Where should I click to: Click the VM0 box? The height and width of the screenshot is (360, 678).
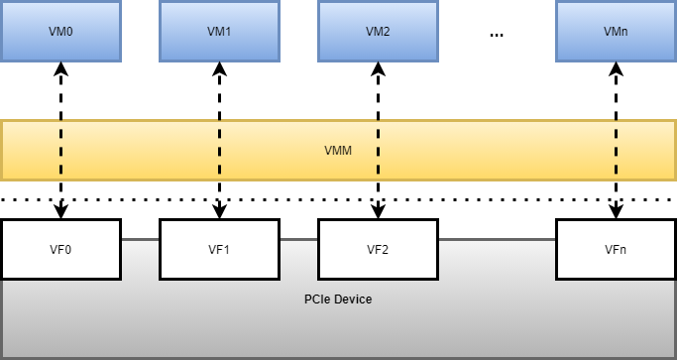[x=60, y=31]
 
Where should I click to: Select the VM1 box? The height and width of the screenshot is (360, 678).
[x=219, y=31]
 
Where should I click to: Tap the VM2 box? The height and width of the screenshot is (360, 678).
[x=378, y=31]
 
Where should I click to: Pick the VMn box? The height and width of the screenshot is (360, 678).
[x=616, y=31]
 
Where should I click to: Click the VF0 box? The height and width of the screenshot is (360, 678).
[x=60, y=249]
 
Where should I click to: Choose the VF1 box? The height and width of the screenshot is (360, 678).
[x=219, y=249]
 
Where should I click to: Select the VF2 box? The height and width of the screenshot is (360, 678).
[x=378, y=249]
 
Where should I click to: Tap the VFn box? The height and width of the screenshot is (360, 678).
[x=616, y=249]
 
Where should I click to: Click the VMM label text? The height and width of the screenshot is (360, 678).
[x=338, y=151]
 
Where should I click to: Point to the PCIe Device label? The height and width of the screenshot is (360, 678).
[x=338, y=299]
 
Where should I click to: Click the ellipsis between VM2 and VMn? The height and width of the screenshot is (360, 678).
[x=497, y=35]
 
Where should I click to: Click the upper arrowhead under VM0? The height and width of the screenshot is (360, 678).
[x=60, y=67]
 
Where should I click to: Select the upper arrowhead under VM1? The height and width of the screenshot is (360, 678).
[x=219, y=67]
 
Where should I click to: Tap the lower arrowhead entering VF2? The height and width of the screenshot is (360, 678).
[x=378, y=212]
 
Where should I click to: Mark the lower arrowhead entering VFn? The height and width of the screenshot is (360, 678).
[x=616, y=212]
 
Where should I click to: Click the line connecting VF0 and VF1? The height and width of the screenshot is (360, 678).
[x=140, y=239]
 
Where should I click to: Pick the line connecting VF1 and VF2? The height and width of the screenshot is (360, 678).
[x=298, y=239]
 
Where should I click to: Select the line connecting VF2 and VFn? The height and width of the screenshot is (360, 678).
[x=497, y=239]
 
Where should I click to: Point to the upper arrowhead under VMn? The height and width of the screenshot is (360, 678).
[x=616, y=67]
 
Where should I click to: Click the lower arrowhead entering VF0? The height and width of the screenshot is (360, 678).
[x=60, y=212]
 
